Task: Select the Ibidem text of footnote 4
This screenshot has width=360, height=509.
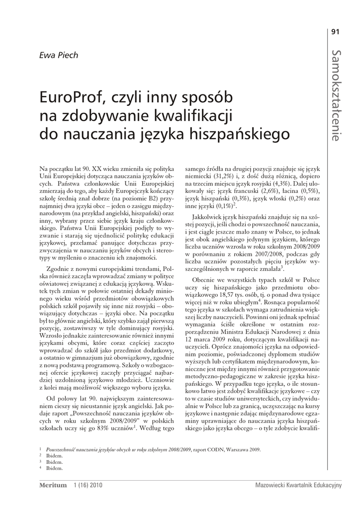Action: point(55,468)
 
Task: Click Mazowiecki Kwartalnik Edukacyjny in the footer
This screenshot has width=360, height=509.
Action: point(298,486)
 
